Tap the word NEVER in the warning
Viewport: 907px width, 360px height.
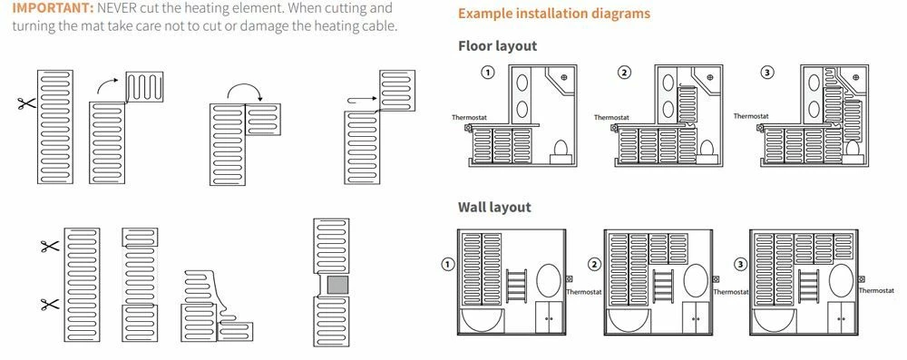115,9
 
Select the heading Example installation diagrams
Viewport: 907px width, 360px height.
553,14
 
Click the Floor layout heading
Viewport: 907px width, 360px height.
497,45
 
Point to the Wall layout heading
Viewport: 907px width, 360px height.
494,207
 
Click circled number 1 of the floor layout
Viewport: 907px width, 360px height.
488,73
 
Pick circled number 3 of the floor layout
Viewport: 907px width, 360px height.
767,73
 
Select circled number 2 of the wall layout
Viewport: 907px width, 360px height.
595,265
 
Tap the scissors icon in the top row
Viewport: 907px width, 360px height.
26,103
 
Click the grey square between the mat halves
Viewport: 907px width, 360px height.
337,285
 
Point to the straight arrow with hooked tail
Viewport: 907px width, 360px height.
362,101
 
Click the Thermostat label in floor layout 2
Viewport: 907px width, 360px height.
611,118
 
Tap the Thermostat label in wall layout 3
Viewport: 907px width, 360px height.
876,290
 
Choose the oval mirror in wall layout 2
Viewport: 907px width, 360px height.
696,281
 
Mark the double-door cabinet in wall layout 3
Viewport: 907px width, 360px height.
841,316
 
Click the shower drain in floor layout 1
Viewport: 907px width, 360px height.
564,76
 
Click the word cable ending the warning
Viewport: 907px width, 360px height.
383,26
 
